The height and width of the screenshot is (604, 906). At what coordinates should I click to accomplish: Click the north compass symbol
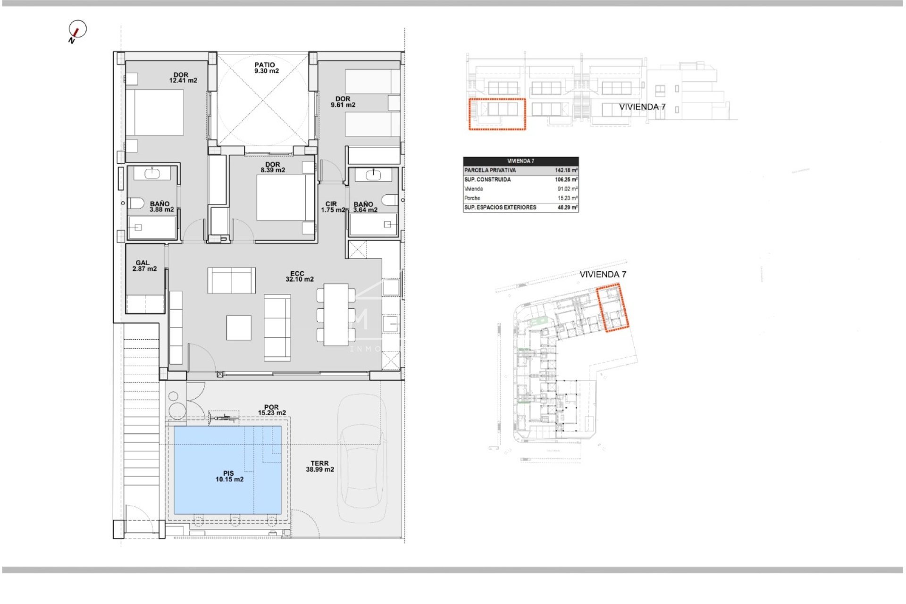(x=77, y=30)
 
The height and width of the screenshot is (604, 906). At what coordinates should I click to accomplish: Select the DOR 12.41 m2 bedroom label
(x=183, y=78)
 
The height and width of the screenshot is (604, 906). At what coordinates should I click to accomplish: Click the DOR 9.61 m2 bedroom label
(x=343, y=102)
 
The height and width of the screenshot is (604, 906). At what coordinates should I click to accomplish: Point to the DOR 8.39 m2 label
(x=273, y=168)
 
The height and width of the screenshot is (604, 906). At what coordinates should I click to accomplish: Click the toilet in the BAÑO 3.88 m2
(x=136, y=203)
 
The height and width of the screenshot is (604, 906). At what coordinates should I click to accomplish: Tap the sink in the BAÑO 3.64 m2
(x=373, y=175)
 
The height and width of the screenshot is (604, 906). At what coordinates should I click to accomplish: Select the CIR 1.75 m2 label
(x=332, y=207)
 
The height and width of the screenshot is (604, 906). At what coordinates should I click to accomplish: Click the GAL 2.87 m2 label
(x=144, y=266)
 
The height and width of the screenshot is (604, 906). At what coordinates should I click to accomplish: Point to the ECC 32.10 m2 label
(x=299, y=277)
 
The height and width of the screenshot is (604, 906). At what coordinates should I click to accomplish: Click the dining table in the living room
(x=336, y=314)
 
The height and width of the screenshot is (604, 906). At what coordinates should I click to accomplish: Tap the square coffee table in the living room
(x=239, y=327)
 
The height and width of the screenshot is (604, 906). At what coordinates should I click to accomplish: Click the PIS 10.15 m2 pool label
(x=229, y=476)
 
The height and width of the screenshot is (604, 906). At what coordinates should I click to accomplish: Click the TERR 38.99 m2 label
(x=319, y=467)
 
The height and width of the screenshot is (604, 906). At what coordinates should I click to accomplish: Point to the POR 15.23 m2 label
(x=271, y=410)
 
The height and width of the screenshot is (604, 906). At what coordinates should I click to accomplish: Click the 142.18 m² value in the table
(x=566, y=170)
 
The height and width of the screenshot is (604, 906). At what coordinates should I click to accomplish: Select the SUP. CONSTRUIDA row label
(x=487, y=180)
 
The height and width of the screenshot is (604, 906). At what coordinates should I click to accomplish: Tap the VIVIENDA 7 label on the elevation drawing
(x=642, y=107)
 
